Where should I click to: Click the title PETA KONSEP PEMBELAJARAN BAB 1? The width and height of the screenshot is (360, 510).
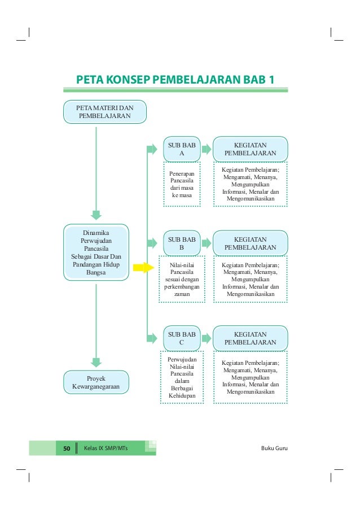click(x=176, y=78)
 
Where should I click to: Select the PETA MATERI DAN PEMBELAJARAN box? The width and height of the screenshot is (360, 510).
click(x=104, y=112)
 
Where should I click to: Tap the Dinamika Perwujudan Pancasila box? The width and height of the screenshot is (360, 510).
click(x=96, y=252)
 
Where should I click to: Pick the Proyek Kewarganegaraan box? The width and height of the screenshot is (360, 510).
click(x=96, y=382)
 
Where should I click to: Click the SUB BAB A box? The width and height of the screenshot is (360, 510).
click(x=181, y=149)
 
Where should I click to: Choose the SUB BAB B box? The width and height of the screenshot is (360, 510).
click(x=181, y=243)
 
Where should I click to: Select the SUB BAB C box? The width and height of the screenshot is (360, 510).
click(x=181, y=338)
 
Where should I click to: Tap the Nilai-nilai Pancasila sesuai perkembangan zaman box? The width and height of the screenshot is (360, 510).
click(x=181, y=278)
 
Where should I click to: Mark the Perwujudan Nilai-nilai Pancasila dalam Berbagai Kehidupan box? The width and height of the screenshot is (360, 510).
click(x=181, y=376)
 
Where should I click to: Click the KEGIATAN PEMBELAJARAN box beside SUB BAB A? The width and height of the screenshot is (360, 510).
click(x=250, y=149)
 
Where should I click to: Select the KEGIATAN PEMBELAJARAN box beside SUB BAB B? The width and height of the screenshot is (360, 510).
click(x=250, y=243)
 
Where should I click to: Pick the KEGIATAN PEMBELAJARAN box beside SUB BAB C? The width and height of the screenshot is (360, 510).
click(x=250, y=338)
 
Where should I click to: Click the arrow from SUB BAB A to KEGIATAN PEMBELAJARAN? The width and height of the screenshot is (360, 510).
click(x=206, y=149)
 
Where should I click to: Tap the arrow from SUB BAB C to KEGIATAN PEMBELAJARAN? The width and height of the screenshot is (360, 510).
click(x=206, y=338)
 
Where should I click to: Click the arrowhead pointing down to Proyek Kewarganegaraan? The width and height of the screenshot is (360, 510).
click(x=96, y=362)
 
